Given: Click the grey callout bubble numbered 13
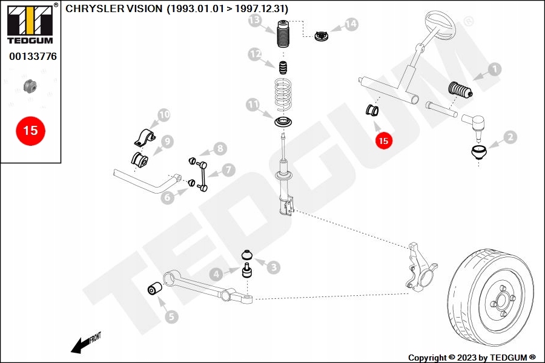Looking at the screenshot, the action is (255, 23).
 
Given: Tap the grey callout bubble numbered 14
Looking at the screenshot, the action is (351, 25).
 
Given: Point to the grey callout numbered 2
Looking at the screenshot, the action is (510, 138).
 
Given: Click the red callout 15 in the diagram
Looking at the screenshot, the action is (383, 141).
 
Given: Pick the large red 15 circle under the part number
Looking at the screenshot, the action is (30, 130).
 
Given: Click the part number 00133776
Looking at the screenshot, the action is (33, 57).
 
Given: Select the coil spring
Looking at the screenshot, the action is (283, 94).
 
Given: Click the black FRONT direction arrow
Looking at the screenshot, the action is (80, 345).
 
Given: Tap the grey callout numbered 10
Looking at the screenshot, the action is (164, 115).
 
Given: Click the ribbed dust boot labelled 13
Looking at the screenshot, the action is (282, 36).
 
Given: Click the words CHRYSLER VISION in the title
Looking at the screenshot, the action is (114, 8).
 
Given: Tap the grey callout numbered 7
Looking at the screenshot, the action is (228, 170).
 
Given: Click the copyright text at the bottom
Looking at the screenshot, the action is (472, 358).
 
